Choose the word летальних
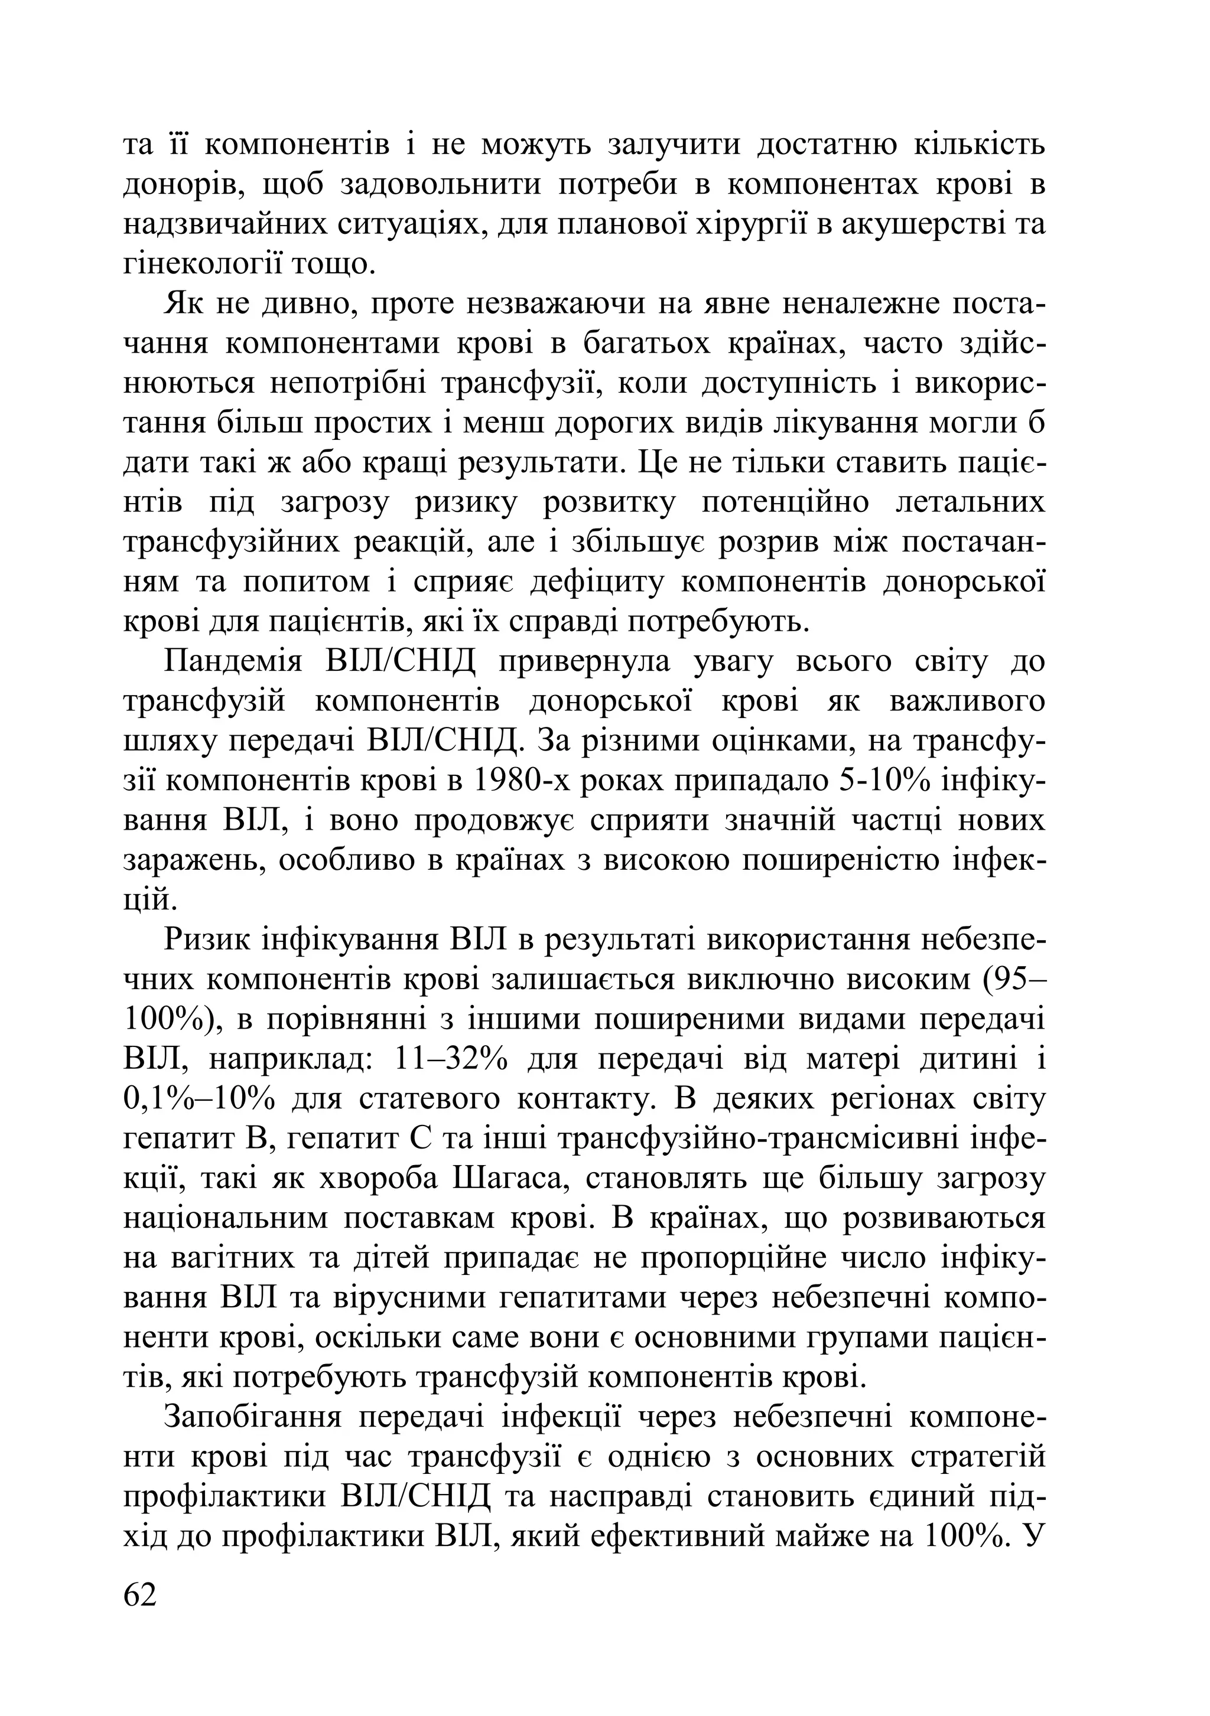pyautogui.click(x=970, y=503)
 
